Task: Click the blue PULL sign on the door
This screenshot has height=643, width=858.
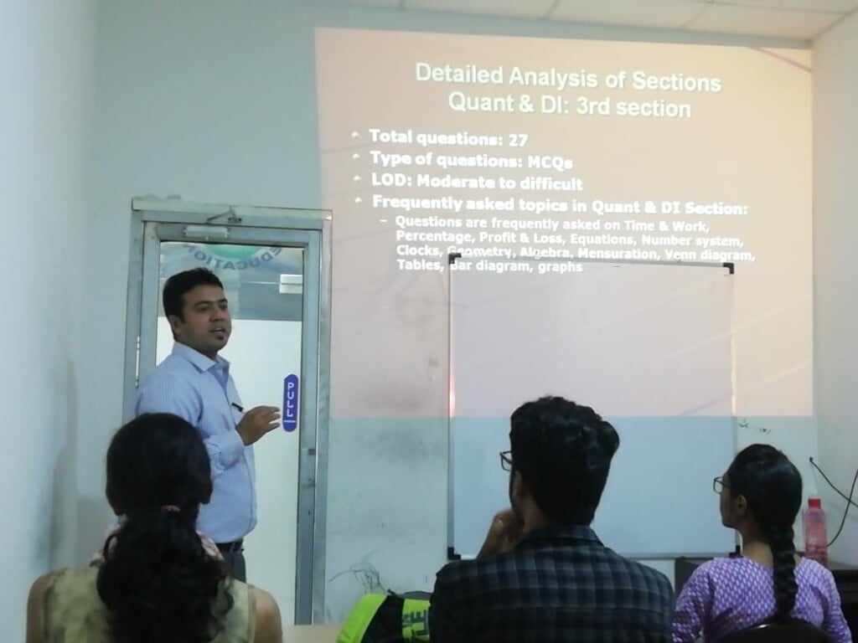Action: [x=290, y=403]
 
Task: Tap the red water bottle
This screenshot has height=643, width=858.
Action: [x=814, y=531]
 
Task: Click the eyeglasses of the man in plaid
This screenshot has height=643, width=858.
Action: [x=506, y=460]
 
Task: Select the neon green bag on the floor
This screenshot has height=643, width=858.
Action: [x=386, y=619]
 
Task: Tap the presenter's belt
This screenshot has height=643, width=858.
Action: [x=229, y=546]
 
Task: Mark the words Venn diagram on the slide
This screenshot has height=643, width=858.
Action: [x=720, y=255]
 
